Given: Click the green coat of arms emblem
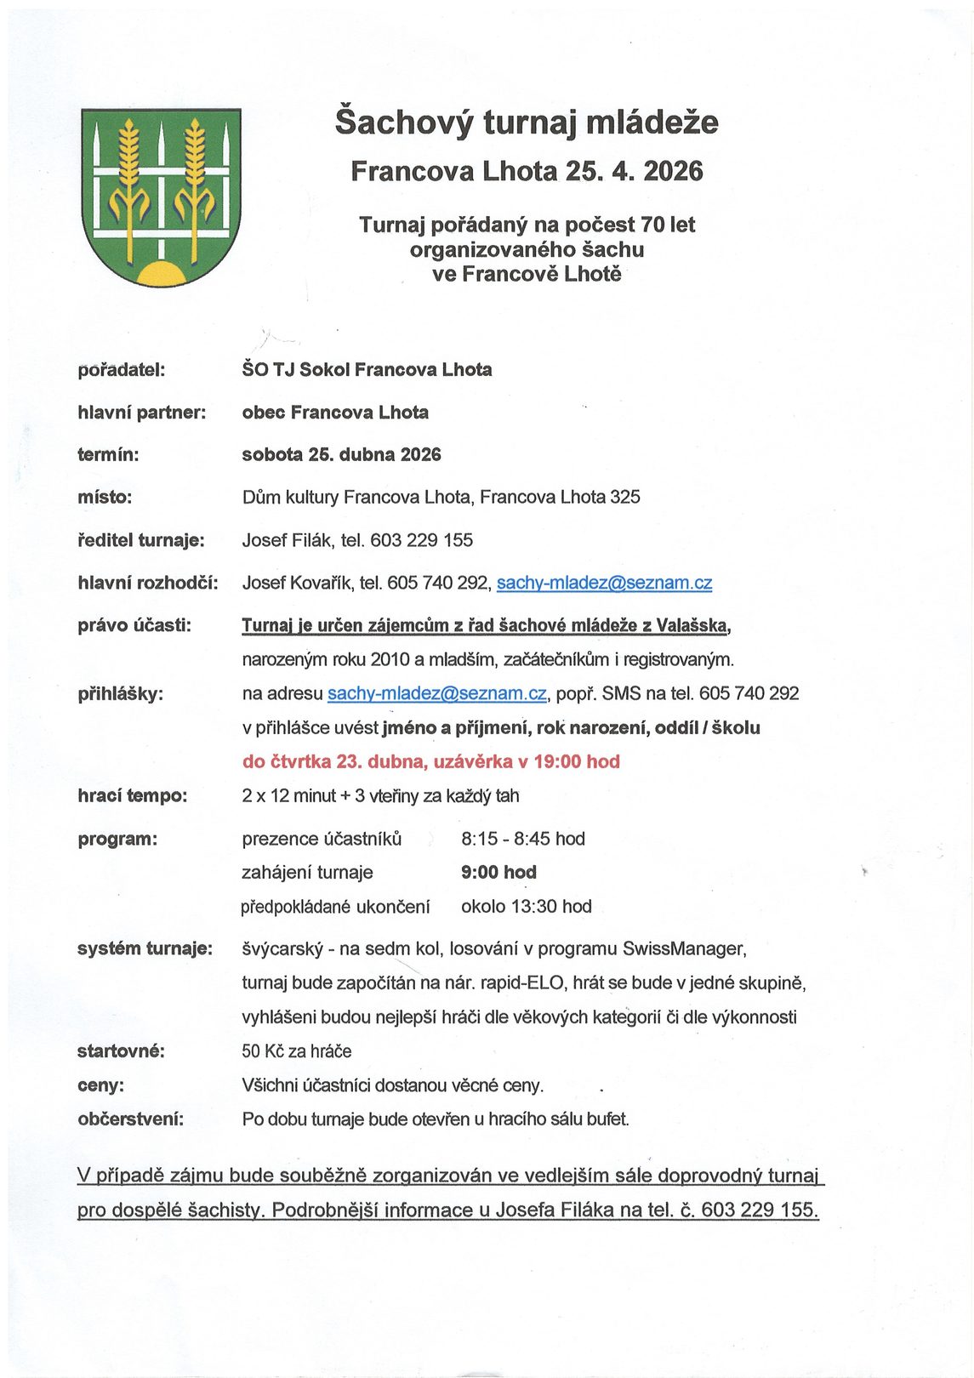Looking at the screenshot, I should tap(161, 196).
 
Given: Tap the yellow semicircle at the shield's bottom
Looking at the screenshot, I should tap(161, 275).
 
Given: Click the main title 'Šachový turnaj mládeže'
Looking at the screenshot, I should tap(526, 122).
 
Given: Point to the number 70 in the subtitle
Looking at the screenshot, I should tap(652, 225).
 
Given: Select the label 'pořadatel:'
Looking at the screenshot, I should tap(121, 370).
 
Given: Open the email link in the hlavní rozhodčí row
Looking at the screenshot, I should tap(604, 583).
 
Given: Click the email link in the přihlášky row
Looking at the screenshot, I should tap(436, 693).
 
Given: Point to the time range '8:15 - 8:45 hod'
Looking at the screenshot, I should tap(523, 839).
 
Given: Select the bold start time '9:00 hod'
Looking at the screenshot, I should tap(498, 872).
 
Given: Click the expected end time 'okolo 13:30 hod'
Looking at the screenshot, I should tap(526, 907).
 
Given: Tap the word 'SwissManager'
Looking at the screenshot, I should tap(684, 948).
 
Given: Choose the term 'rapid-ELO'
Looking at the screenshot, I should tap(522, 983).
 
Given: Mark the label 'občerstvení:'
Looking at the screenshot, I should tap(130, 1119).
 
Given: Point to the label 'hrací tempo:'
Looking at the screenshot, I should tap(132, 796).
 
